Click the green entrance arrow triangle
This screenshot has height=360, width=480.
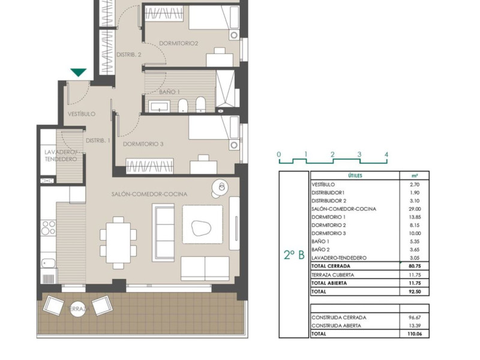point(79,72)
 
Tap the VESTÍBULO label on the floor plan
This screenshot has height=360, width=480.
point(82,114)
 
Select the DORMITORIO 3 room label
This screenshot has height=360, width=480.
point(143,144)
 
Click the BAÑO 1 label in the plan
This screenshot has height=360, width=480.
point(169,92)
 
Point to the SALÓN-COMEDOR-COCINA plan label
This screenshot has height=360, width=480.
point(149,194)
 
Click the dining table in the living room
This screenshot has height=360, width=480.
point(118,242)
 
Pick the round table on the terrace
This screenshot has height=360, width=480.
point(78,309)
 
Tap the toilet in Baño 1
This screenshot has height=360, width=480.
point(183,106)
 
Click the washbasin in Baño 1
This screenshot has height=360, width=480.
point(159,106)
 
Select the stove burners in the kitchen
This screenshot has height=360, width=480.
point(49,228)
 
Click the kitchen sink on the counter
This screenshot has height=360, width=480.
point(49,263)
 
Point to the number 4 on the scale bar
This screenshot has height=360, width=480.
point(386,155)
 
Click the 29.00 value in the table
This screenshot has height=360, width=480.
point(415,209)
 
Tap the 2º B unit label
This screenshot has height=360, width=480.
point(294,254)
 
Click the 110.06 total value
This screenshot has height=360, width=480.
point(415,334)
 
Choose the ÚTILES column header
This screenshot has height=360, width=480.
point(355,176)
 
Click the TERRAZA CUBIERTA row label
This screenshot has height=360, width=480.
point(333,275)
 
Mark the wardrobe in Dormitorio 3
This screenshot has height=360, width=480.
point(149,166)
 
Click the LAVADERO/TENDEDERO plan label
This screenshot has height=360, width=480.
point(61,155)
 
